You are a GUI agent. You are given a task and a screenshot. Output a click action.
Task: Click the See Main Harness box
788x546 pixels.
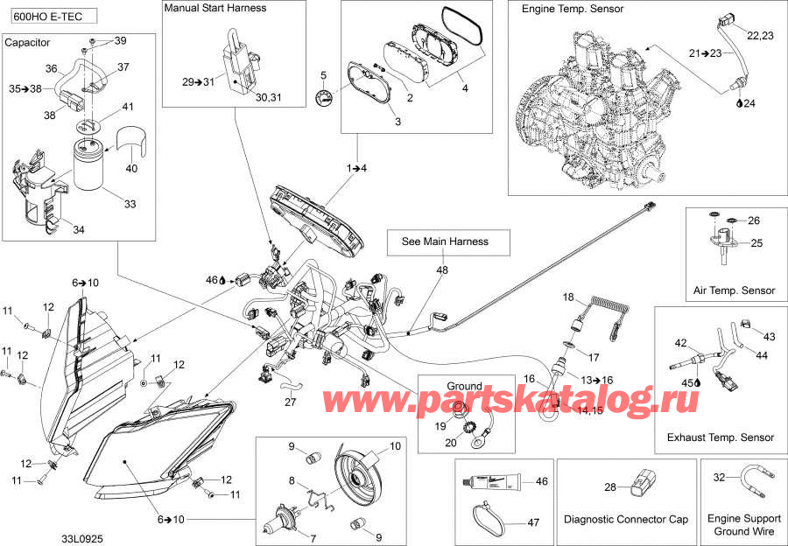coord(444,241)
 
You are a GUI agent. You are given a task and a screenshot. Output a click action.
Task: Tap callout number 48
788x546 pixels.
coord(442,270)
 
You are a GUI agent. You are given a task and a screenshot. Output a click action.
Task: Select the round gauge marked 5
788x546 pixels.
coord(325,98)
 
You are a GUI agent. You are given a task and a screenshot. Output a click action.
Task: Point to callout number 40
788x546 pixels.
coord(132,169)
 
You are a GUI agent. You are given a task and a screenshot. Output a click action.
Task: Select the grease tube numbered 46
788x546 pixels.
coord(495,484)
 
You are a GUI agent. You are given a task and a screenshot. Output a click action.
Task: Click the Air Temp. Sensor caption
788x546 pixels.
coord(734,290)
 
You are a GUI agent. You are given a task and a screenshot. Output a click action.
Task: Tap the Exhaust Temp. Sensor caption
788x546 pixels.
coord(721,437)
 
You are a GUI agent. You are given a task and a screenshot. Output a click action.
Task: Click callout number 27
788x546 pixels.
coord(290,403)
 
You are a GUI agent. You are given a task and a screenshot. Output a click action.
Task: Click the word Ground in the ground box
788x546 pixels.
coord(464,386)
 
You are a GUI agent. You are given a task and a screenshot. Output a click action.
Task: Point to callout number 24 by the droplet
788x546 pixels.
coord(749,103)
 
